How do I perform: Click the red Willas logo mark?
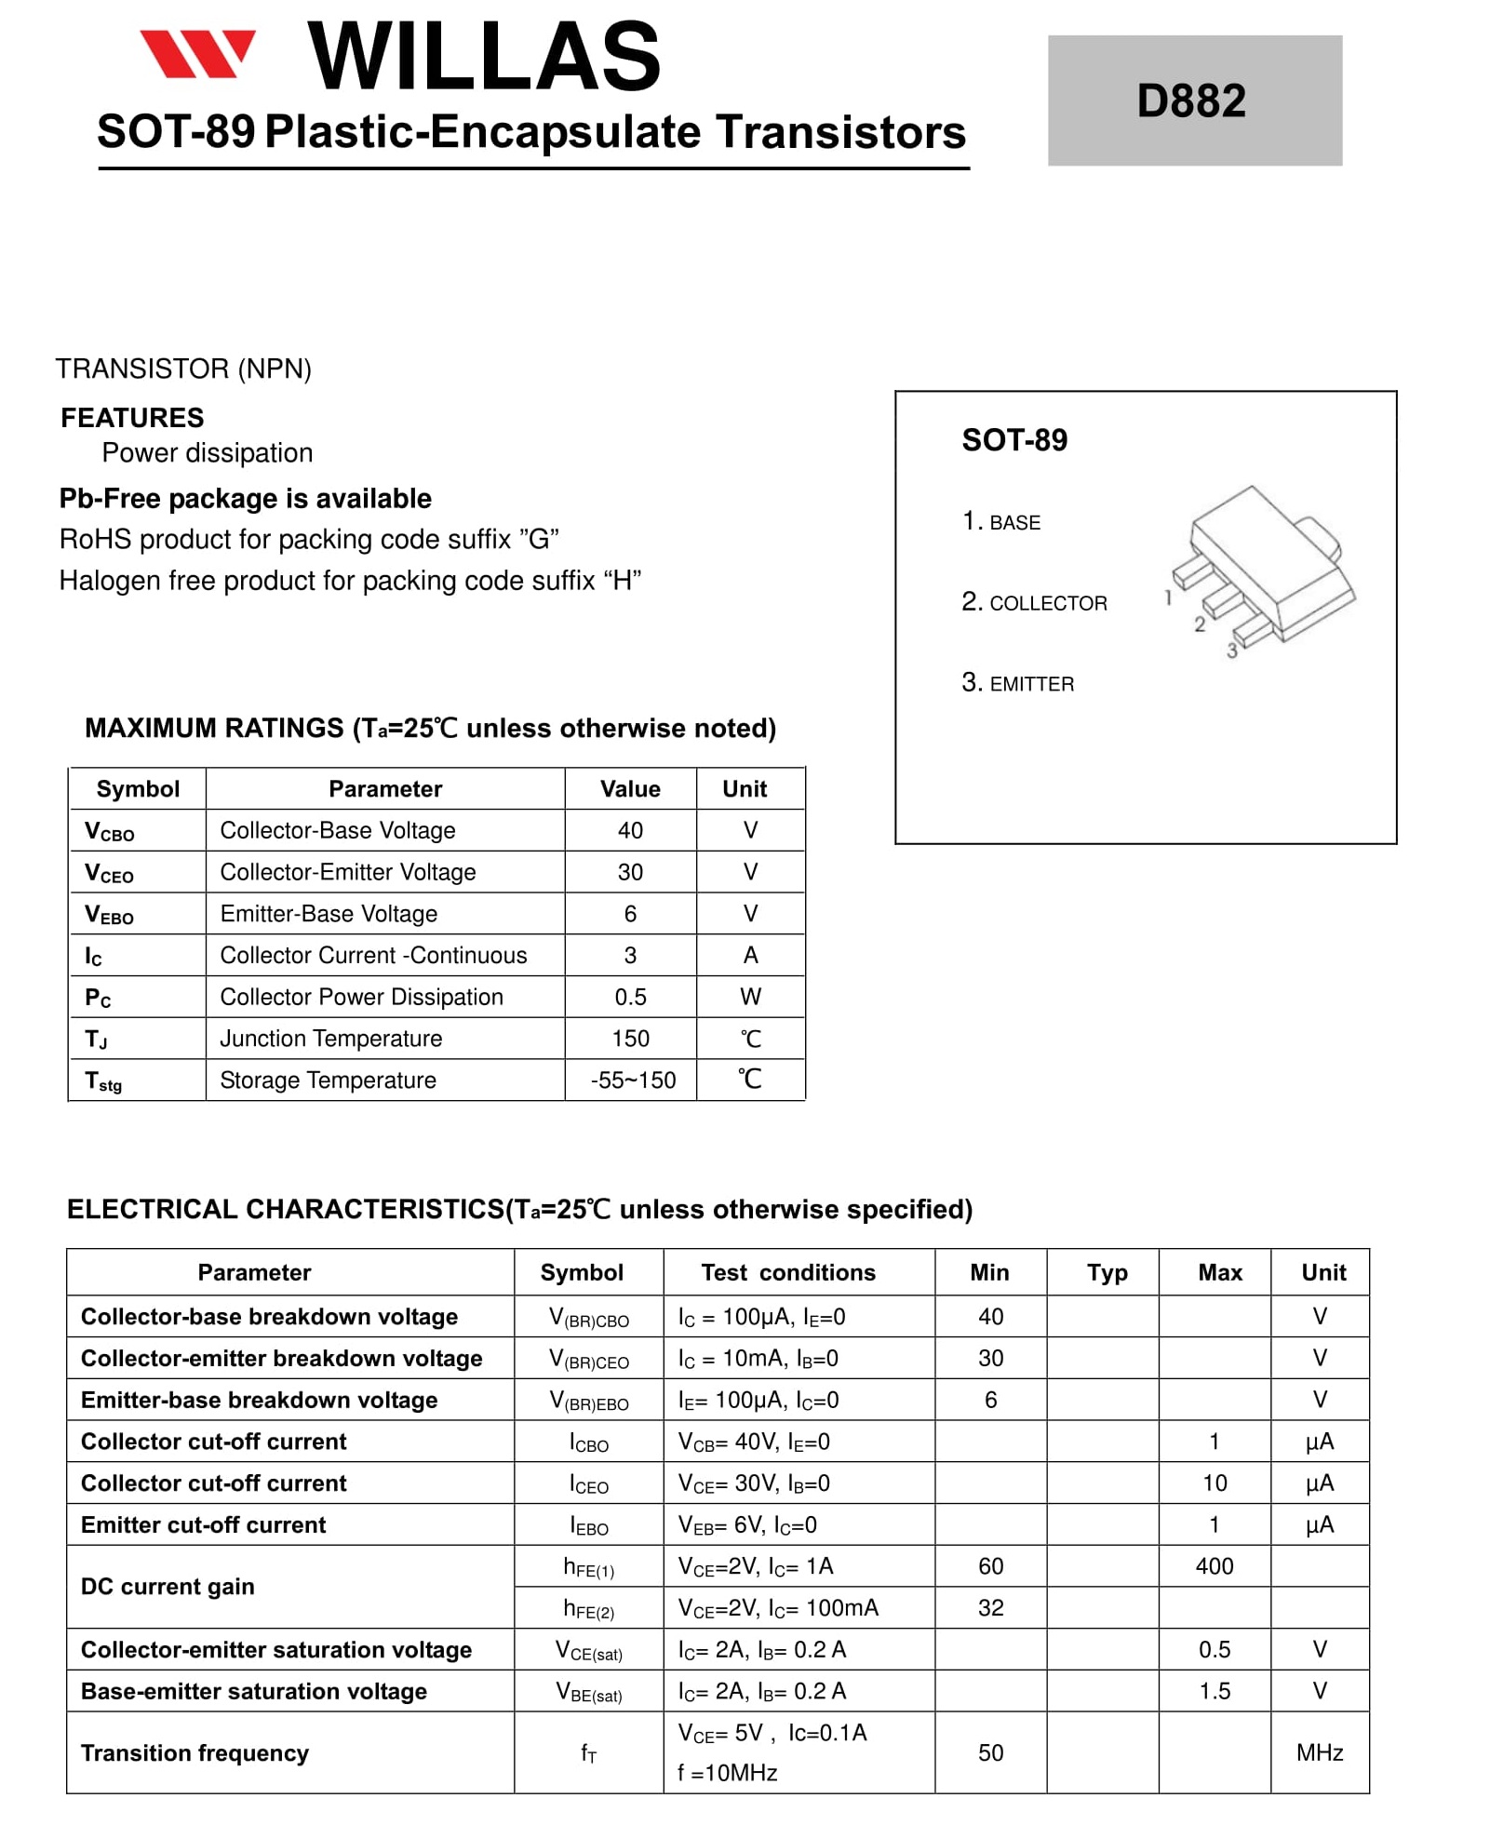tap(197, 54)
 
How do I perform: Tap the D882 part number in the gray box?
tap(1190, 101)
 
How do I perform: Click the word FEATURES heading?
tap(132, 418)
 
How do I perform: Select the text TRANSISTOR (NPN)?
tap(183, 369)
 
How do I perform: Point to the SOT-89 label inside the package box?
tap(1014, 440)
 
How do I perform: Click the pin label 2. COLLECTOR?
tap(1034, 603)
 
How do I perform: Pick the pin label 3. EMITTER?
tap(1017, 684)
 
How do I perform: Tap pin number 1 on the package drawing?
tap(1168, 598)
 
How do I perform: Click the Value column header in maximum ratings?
tap(630, 789)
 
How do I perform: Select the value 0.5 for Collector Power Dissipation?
tap(630, 998)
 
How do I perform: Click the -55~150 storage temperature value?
tap(633, 1080)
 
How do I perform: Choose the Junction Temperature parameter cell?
tap(331, 1039)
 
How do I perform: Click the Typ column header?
tap(1107, 1272)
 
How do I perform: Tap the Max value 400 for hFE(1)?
tap(1215, 1566)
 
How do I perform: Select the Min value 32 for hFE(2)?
tap(990, 1608)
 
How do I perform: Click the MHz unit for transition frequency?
tap(1320, 1753)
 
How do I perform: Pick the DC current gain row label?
tap(168, 1587)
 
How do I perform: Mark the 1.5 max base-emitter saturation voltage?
tap(1215, 1691)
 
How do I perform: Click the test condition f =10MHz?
tap(728, 1773)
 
